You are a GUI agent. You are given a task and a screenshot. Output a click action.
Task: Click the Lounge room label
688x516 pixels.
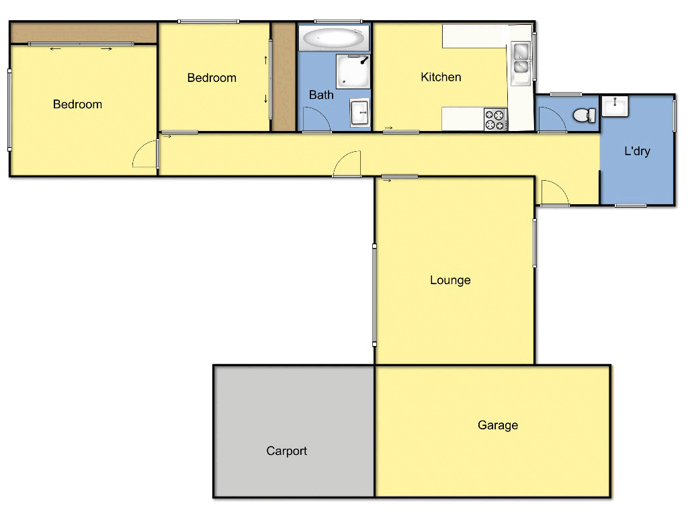450,280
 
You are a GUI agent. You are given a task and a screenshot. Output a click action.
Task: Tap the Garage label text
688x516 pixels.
498,425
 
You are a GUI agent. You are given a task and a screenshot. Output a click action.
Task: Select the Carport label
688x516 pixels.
286,451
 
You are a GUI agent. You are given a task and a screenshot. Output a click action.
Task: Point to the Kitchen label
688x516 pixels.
441,77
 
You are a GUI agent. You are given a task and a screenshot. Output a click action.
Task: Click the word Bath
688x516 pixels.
321,95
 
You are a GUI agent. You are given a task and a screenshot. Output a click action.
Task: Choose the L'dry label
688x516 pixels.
637,151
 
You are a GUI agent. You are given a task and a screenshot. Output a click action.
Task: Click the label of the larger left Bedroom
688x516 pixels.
77,104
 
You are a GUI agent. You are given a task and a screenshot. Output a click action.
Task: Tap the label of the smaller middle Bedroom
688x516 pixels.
212,78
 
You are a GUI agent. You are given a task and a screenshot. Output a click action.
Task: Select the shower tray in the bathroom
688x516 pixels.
353,71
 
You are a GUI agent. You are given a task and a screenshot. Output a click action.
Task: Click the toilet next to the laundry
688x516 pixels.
585,116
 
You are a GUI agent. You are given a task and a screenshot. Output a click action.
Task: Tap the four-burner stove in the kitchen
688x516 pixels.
496,120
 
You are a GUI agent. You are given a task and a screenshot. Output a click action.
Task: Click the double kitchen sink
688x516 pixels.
521,58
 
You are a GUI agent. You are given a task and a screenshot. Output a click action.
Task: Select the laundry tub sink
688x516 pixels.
615,107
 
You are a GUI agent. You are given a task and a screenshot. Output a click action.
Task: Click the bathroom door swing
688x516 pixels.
316,121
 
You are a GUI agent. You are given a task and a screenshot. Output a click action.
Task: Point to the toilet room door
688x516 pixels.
552,121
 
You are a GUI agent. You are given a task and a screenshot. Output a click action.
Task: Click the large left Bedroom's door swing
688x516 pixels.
144,156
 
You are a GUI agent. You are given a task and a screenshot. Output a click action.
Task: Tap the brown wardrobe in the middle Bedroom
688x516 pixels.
283,77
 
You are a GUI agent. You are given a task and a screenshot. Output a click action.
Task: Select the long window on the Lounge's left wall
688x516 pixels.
374,295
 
